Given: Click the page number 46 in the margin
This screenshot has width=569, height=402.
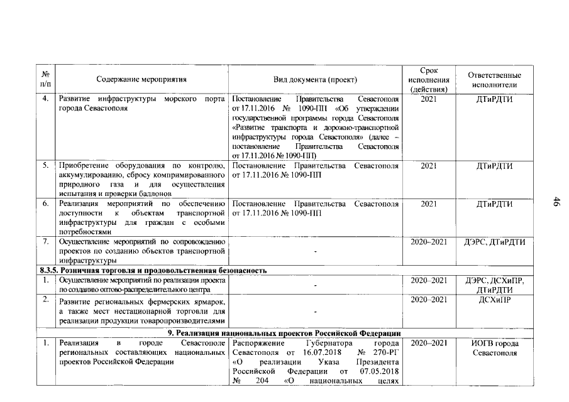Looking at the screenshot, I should (x=556, y=201).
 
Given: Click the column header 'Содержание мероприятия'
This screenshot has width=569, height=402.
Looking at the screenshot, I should (x=141, y=80).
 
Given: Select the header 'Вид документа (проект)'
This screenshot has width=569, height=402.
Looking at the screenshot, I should (x=315, y=80).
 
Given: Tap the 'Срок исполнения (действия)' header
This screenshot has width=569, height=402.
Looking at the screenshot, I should (x=428, y=80).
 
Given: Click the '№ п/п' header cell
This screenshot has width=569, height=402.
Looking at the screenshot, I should (x=45, y=79).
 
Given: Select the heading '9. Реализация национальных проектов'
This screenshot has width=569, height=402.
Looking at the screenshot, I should (x=289, y=332).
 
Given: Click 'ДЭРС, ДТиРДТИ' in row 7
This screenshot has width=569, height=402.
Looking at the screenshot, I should (x=494, y=242).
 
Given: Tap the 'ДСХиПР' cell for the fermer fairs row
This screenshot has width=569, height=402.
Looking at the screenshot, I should (x=494, y=300).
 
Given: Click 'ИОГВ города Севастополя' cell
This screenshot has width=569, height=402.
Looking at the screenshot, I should (x=494, y=348).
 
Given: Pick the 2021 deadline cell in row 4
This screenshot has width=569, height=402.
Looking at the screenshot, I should (x=428, y=99).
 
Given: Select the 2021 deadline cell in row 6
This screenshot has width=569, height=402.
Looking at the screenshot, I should (x=428, y=204).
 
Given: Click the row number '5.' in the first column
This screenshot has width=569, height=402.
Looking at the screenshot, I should (x=45, y=166).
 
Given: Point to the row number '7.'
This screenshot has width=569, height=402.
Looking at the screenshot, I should (x=45, y=242).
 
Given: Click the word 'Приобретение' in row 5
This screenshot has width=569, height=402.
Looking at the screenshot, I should (x=83, y=166).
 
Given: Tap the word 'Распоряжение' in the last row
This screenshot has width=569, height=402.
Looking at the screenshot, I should (x=257, y=344).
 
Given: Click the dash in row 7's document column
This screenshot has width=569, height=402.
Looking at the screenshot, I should (x=315, y=251).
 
